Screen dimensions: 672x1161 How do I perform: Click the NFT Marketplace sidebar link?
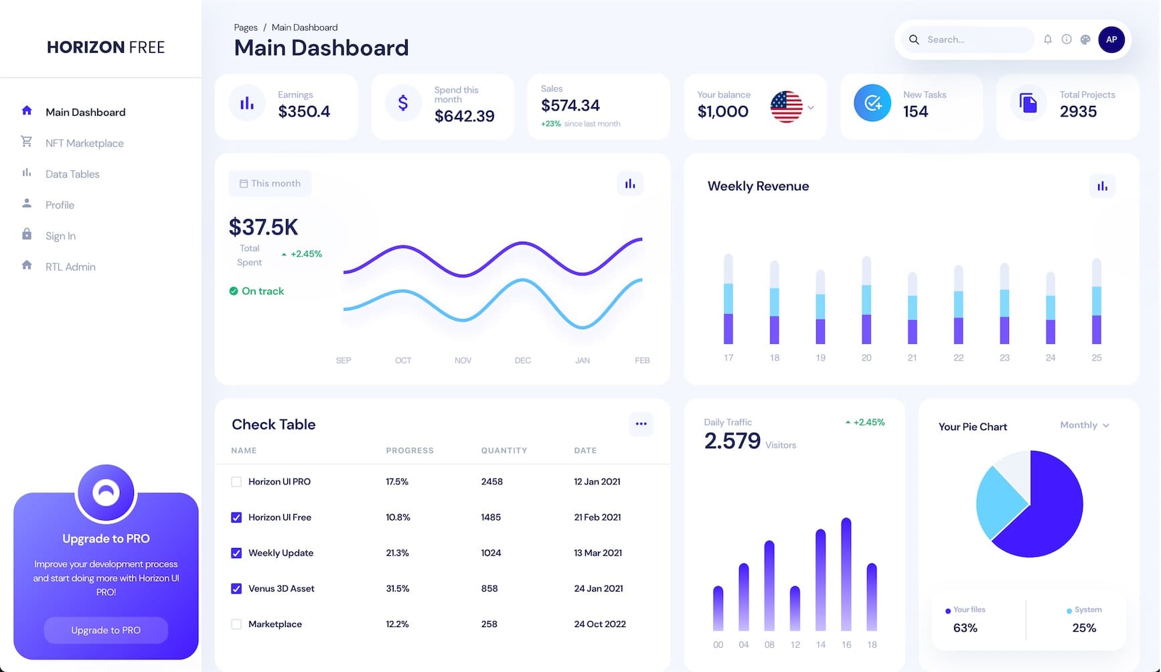(84, 143)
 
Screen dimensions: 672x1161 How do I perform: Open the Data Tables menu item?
(72, 174)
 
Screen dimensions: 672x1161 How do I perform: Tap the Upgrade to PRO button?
(106, 630)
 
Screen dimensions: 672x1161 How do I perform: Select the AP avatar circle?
(1111, 40)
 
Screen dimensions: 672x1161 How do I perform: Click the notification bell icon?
(1047, 40)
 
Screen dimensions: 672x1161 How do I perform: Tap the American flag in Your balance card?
(786, 107)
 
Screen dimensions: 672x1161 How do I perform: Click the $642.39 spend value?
(464, 116)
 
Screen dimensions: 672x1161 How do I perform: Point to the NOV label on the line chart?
(463, 360)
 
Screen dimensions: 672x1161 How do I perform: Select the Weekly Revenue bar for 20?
(866, 301)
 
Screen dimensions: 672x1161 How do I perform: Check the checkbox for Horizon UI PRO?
(236, 482)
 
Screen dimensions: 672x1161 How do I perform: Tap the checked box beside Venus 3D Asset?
(236, 588)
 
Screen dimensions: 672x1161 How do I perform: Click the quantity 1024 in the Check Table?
(491, 553)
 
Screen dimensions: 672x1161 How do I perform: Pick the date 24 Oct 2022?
(599, 624)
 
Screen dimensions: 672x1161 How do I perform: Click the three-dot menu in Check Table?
(641, 423)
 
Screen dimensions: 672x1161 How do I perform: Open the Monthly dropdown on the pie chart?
(1084, 425)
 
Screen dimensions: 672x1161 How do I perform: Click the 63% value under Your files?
(965, 628)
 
